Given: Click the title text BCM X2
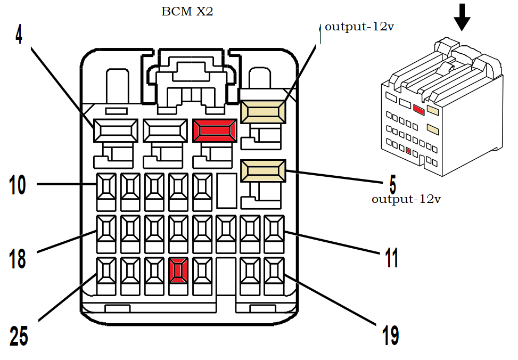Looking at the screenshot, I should pos(187,11).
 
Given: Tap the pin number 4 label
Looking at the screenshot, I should pos(19,34).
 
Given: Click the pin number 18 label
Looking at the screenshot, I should pos(18,259).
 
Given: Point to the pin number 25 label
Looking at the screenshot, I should pos(19,336).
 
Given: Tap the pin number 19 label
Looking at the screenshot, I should pos(390,336).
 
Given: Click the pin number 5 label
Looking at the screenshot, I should pos(392,185).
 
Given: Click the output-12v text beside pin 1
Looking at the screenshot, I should pos(359,27).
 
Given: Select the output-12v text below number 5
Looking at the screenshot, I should pos(406,200).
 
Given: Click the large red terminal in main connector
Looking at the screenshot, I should pos(215,130).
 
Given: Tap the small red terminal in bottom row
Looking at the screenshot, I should pos(178,269).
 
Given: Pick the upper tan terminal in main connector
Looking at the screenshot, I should pos(263,112).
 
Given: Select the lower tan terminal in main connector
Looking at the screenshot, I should pos(263,171).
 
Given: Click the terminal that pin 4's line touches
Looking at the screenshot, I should pos(116,130).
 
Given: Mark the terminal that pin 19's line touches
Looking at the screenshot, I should pos(274,269).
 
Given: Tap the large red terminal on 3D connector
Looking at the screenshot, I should pos(418,110).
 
